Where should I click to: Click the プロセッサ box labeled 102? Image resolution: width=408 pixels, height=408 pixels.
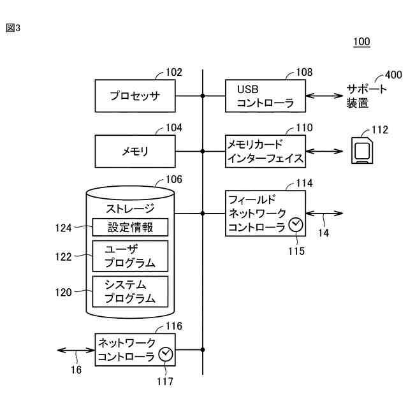tap(135, 96)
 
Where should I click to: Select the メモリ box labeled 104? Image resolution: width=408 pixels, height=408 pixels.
tap(135, 151)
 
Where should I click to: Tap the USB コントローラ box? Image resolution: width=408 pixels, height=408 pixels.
tap(265, 96)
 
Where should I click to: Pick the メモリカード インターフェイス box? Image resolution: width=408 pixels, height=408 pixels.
tap(265, 151)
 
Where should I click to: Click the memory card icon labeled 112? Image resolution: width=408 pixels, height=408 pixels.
tap(362, 150)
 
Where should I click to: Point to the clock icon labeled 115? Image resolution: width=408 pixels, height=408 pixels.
tap(296, 224)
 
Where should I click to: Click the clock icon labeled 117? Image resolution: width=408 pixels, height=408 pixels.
tap(166, 354)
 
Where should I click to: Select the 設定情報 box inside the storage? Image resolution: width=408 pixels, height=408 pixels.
tap(130, 227)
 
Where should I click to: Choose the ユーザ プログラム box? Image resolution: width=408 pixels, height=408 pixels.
tap(130, 256)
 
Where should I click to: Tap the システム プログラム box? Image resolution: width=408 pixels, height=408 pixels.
tap(130, 292)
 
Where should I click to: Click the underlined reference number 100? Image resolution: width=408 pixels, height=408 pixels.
tap(361, 41)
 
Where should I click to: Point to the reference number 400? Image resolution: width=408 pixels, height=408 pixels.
tap(393, 75)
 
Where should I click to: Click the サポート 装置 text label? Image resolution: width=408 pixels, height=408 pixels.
tap(366, 96)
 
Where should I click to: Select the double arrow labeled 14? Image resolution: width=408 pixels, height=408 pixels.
tap(324, 214)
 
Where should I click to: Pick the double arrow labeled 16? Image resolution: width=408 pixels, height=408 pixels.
tap(76, 350)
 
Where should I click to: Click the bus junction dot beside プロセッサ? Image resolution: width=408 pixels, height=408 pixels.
tap(203, 96)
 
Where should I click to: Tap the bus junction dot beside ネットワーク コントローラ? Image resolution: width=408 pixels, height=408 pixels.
tap(203, 350)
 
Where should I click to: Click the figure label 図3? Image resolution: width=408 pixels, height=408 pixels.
tap(13, 28)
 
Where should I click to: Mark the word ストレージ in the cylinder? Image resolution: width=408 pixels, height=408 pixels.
tap(130, 208)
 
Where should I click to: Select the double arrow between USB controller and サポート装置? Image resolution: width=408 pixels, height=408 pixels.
tap(324, 96)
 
